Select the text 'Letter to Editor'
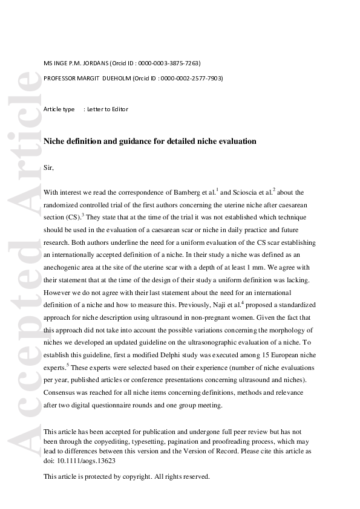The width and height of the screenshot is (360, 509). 107,109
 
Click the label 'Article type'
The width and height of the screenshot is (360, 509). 59,109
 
